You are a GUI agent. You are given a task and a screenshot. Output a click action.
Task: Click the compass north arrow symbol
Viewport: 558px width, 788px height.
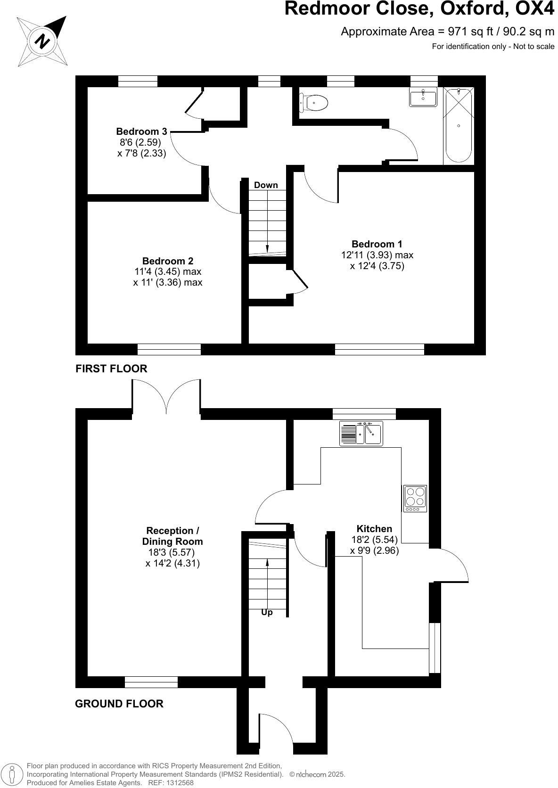click(42, 41)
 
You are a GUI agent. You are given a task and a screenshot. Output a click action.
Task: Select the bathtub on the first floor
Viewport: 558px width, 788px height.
click(458, 126)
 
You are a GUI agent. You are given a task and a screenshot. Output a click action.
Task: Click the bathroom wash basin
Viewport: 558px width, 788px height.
click(423, 97)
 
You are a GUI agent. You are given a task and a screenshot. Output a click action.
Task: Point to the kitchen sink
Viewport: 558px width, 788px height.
click(361, 433)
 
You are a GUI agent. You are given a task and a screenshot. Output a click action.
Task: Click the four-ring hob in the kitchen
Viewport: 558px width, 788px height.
click(415, 498)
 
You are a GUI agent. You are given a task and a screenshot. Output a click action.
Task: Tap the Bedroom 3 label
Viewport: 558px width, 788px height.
click(141, 131)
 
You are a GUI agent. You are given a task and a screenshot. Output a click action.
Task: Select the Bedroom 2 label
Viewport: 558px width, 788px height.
click(168, 261)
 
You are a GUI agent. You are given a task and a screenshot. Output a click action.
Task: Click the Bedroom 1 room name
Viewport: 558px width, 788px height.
click(377, 244)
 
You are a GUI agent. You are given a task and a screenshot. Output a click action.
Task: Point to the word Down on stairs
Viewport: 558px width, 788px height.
click(266, 185)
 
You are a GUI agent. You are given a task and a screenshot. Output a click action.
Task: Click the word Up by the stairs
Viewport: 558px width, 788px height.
click(267, 612)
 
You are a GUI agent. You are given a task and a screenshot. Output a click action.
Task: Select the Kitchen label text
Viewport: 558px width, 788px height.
click(374, 528)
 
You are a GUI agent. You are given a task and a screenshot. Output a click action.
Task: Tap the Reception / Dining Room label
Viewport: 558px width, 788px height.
click(172, 536)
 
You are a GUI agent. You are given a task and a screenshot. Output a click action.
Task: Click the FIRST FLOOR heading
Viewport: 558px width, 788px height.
click(111, 369)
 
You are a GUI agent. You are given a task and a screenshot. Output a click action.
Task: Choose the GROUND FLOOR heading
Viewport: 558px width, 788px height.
click(119, 704)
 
